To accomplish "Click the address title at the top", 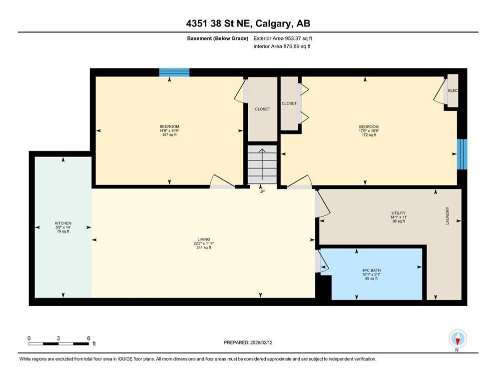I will [248, 23].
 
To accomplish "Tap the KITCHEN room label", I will [63, 227].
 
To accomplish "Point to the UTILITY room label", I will [398, 216].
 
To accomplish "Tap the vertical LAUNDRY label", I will [448, 216].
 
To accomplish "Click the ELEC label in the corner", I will [453, 90].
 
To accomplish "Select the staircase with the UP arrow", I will [262, 165].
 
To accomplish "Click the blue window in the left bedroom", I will [174, 72].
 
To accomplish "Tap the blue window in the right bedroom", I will [462, 154].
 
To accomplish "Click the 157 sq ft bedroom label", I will [169, 130].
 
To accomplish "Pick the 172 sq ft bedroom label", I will [369, 130].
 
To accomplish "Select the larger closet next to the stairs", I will [263, 109].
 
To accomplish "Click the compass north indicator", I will [457, 339].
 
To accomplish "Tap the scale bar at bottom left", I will [59, 343].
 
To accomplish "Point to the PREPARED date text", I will [248, 342].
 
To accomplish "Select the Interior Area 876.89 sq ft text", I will [282, 46].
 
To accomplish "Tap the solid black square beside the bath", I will [324, 288].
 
